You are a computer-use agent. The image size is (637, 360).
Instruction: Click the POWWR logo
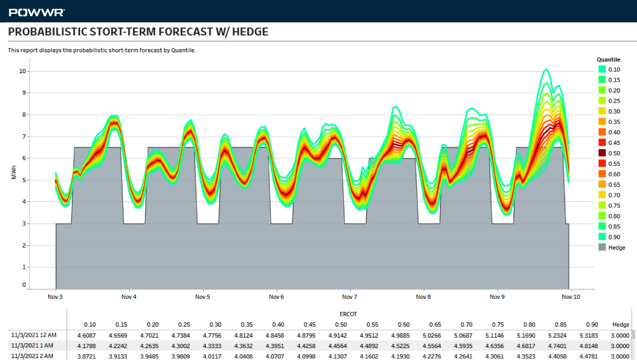pos(37,13)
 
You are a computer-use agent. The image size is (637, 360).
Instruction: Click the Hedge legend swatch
pos(602,247)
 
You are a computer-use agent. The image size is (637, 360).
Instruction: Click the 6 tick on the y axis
pos(24,158)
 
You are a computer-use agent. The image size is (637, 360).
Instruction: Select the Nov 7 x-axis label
pos(349,297)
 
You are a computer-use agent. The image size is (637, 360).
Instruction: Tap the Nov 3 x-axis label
pos(55,297)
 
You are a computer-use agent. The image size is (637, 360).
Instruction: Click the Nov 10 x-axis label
pos(571,297)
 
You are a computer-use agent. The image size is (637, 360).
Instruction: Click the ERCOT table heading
pos(348,314)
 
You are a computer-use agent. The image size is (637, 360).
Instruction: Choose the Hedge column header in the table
pos(620,325)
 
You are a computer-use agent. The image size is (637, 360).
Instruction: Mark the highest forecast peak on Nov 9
pos(547,69)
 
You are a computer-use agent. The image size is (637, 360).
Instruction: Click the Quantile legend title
pos(608,60)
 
